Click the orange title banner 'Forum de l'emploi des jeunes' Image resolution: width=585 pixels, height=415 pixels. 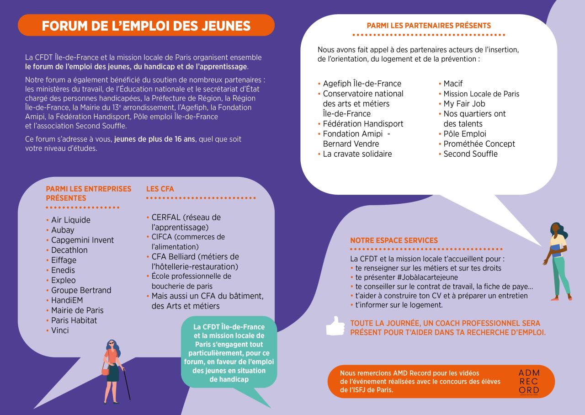pos(146,26)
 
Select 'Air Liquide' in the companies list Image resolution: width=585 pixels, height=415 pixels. pos(70,220)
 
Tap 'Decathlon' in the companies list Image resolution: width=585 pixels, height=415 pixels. pos(69,250)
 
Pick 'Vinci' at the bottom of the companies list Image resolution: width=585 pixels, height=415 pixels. pos(60,330)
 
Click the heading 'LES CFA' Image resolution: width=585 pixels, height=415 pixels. pos(160,189)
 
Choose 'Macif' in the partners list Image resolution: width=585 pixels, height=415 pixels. pos(453,84)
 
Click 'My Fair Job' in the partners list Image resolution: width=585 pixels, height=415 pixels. pos(464,104)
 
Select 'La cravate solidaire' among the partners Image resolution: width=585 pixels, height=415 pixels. pos(357,154)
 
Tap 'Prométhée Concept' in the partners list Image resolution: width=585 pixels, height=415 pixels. pos(479,144)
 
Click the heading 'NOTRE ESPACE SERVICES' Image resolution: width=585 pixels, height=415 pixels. pos(394,240)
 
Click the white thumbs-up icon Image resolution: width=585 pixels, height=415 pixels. pos(335,326)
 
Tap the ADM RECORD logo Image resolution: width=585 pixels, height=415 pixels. pos(529,381)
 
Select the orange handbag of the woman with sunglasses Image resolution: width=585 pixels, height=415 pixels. pos(105,372)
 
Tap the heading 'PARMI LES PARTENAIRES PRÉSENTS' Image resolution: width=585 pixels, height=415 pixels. pos(429,26)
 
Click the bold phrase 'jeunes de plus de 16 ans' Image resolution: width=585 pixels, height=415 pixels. pos(155,139)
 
